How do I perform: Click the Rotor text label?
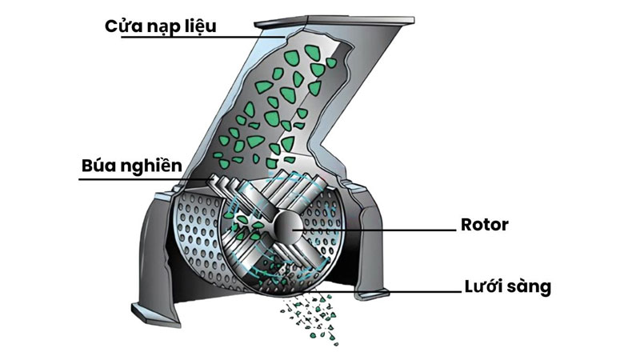[x=485, y=224]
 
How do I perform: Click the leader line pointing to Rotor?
[x=376, y=230]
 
